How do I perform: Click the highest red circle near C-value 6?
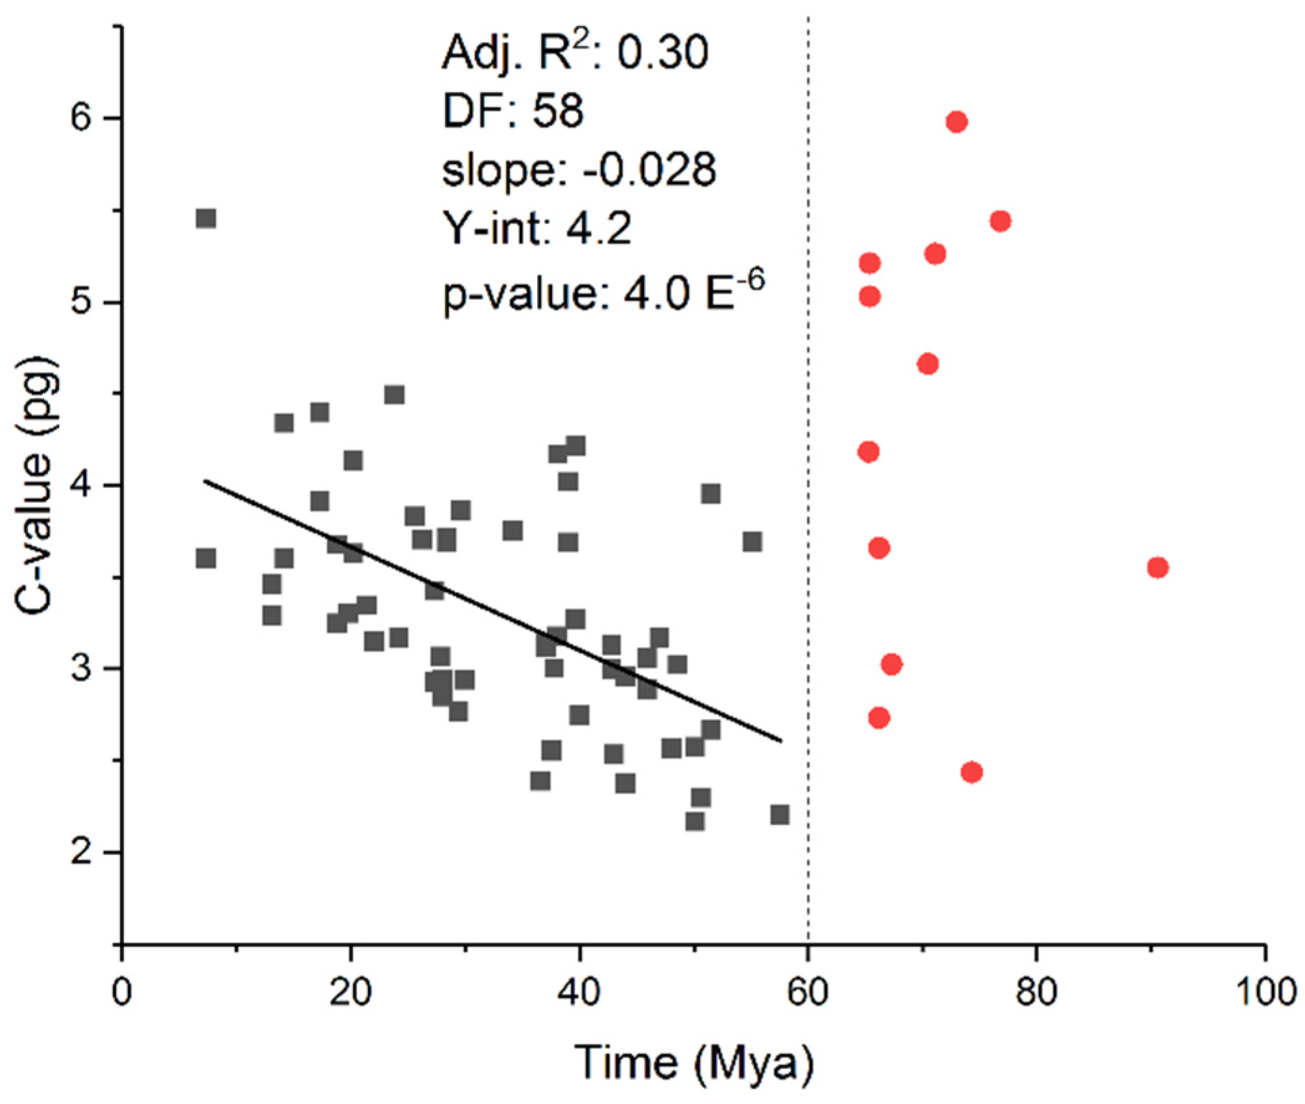[956, 122]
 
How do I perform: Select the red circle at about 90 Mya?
[1157, 567]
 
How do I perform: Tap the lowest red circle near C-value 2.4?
[971, 772]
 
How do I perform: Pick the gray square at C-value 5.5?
[206, 219]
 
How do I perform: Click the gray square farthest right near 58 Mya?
[779, 814]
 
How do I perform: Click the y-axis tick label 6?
[81, 118]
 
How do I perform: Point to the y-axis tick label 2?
[81, 852]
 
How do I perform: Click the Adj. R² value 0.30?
[663, 53]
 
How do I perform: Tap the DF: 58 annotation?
[513, 110]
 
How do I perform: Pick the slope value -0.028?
[649, 169]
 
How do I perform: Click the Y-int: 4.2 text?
[537, 228]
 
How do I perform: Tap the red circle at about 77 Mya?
[1000, 221]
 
